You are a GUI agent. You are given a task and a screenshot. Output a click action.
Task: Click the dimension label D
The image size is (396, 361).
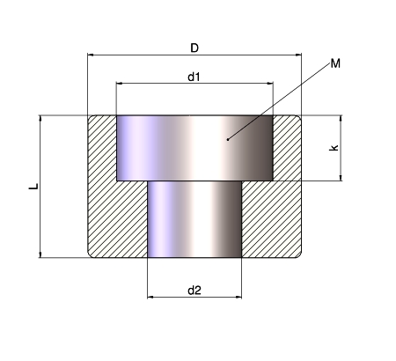(194, 48)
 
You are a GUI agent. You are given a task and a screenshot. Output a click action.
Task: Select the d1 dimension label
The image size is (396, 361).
(194, 77)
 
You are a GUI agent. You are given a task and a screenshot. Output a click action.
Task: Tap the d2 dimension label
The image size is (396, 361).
(194, 291)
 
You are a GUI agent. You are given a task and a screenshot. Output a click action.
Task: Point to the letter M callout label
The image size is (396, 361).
(335, 63)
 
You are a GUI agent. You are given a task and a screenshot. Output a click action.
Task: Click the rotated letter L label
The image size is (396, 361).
(33, 187)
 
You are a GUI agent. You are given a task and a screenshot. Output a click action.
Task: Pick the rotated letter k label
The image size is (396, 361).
(334, 148)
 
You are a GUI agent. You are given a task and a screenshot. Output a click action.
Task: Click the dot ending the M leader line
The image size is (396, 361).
(228, 139)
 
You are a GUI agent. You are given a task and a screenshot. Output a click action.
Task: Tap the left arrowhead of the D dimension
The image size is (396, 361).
(91, 55)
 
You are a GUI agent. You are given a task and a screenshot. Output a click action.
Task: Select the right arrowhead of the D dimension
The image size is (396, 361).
(298, 55)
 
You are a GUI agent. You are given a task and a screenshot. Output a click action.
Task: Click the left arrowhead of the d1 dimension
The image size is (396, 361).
(120, 84)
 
